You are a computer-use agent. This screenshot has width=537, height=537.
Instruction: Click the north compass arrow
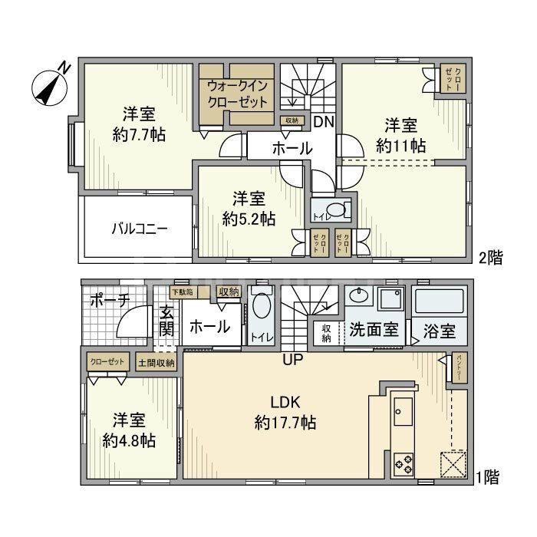(51, 85)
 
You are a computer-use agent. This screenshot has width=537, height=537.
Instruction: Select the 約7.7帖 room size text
(139, 134)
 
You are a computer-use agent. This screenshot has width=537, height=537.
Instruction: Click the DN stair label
(322, 122)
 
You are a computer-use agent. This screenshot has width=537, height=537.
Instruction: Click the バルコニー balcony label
(138, 228)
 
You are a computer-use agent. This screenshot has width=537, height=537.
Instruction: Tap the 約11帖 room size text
(400, 144)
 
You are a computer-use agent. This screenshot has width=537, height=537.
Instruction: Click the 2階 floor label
(492, 258)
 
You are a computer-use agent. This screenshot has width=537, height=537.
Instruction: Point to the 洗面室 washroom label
(373, 331)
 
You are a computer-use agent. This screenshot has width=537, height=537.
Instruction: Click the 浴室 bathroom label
(440, 332)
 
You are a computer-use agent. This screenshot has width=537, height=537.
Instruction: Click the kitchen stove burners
(404, 463)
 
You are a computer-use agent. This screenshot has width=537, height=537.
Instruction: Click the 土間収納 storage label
(156, 362)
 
